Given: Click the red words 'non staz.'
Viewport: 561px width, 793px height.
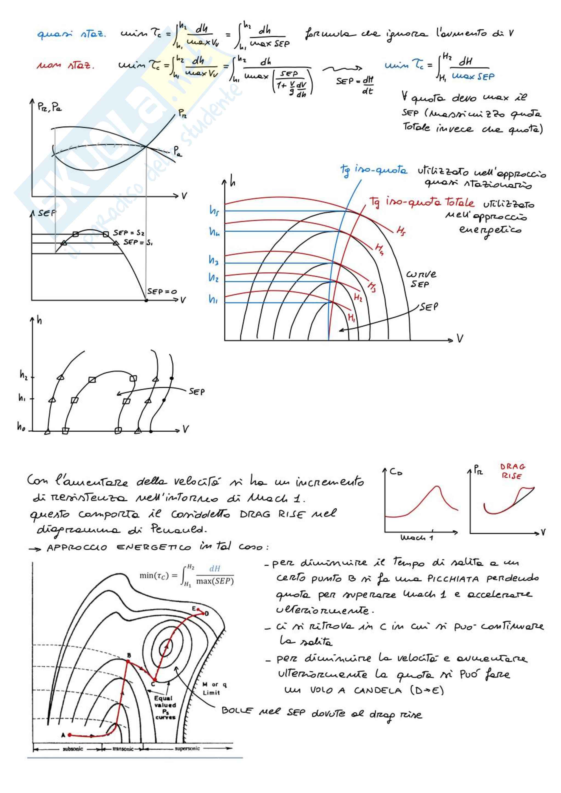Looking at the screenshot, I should click(x=65, y=65).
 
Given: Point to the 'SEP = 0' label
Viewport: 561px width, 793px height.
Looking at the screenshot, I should click(x=162, y=291).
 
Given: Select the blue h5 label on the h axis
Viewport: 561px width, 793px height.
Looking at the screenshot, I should click(x=214, y=210).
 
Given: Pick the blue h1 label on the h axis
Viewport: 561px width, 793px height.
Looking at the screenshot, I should click(x=213, y=299).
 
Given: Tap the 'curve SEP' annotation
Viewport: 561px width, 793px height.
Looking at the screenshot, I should click(x=421, y=279).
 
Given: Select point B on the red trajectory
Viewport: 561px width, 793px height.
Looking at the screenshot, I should click(x=128, y=661).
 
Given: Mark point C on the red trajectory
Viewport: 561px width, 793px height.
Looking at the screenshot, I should click(x=154, y=680).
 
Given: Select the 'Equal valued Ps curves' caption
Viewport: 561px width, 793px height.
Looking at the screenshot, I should click(x=165, y=708).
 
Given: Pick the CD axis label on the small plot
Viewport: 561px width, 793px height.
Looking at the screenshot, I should click(x=396, y=471).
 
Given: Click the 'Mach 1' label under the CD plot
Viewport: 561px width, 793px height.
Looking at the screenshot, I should click(x=416, y=538).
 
